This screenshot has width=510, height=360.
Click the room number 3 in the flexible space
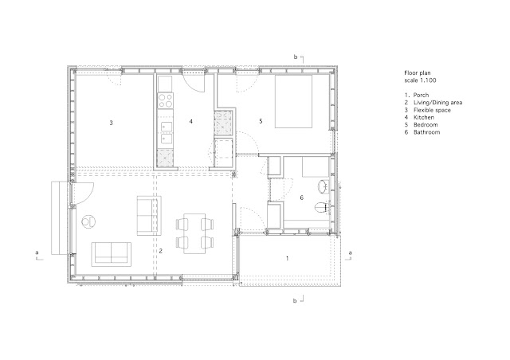[112, 123]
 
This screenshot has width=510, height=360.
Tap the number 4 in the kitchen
[191, 121]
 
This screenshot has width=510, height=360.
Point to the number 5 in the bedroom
[261, 121]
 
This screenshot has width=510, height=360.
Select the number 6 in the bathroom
[301, 198]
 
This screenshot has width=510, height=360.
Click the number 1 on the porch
[287, 259]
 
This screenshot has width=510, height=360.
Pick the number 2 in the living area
[160, 251]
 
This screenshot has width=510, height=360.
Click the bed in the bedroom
[294, 101]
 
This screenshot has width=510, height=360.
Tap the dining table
[194, 233]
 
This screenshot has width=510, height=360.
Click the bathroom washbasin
[324, 186]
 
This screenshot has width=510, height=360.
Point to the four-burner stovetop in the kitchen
[165, 100]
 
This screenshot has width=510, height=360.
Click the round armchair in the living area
[88, 222]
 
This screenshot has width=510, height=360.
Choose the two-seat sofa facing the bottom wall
[112, 254]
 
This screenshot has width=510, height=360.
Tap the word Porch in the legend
[421, 95]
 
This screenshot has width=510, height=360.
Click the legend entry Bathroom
[427, 132]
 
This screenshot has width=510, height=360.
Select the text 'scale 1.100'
[420, 80]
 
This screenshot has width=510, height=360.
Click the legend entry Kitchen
[424, 117]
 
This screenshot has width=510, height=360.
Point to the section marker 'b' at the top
[296, 57]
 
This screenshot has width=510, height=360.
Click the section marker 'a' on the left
[37, 252]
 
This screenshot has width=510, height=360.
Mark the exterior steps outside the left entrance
[61, 218]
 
